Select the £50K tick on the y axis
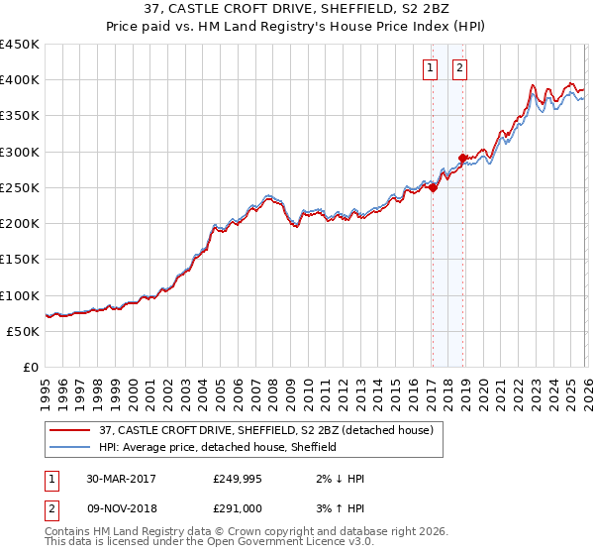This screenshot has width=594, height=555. click(x=24, y=331)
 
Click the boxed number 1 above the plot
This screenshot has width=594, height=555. click(x=432, y=68)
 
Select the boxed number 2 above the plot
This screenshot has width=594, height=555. click(x=461, y=68)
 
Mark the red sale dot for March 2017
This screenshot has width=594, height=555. click(x=433, y=188)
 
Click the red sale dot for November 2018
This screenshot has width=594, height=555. click(x=462, y=159)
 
